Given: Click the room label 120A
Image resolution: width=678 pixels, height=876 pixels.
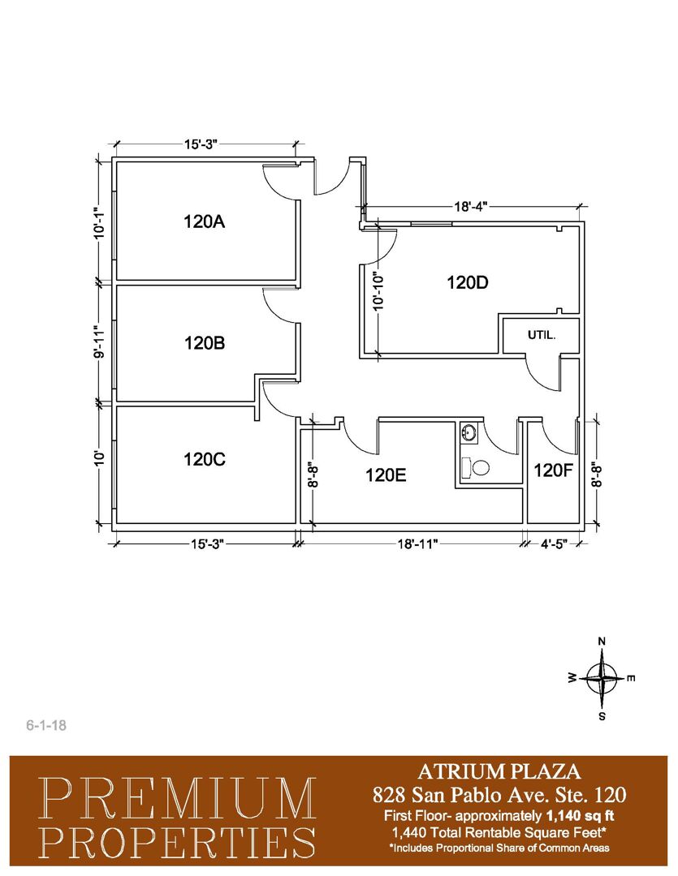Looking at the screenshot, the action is click(204, 221).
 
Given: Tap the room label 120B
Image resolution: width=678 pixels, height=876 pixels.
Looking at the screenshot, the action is click(204, 342).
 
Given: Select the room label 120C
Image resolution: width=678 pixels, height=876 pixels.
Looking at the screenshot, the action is click(204, 459).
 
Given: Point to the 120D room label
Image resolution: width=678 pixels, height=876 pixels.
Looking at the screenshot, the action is click(467, 283).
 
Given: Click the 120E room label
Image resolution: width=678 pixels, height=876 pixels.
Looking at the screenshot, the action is click(386, 475).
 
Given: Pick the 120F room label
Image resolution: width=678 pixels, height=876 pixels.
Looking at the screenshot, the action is click(553, 470).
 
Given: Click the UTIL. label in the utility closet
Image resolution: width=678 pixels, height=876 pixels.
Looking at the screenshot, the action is click(542, 336).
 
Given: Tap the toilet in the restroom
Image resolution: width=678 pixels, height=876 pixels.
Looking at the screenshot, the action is click(476, 467).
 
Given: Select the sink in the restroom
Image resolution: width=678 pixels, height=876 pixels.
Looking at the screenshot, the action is click(469, 432).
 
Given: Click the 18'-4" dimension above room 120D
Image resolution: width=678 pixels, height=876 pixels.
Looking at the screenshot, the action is click(471, 207).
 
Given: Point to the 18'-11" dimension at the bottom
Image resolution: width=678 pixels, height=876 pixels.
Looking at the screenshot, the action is click(417, 544).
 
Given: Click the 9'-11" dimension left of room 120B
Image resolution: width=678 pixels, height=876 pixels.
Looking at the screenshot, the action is click(100, 342).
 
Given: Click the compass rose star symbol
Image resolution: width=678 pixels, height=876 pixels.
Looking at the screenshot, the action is click(602, 678).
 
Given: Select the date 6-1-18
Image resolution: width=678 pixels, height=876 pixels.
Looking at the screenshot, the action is click(46, 726).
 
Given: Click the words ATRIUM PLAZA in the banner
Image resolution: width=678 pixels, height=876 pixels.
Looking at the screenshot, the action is click(499, 771).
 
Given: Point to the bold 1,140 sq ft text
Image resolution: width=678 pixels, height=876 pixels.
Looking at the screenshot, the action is click(579, 816).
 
